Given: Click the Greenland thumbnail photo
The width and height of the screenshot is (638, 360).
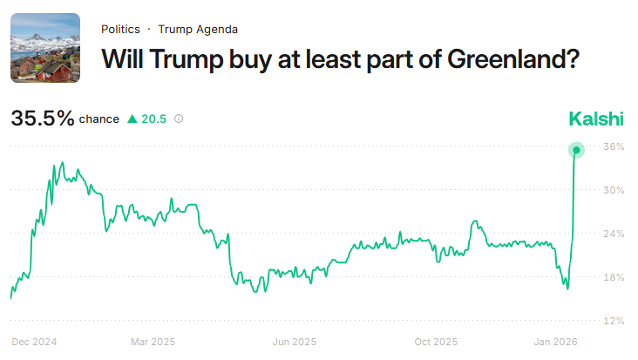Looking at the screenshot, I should click(x=45, y=48).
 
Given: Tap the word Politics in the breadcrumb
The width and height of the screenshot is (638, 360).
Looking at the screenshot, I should click(x=120, y=29).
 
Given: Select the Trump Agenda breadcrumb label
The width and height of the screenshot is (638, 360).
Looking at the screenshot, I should click(x=198, y=29).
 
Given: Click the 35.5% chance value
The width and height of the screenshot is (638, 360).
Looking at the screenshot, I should click(x=43, y=119).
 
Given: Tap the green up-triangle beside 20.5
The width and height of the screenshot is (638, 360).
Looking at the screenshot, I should click(x=132, y=119).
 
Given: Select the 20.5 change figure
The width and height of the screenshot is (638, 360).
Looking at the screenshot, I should click(x=154, y=119).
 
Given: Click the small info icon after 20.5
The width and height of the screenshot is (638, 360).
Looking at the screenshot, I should click(x=179, y=119).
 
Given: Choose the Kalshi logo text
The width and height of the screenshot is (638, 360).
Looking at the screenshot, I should click(x=596, y=119).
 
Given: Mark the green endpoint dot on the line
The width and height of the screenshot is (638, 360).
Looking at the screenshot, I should click(x=576, y=150).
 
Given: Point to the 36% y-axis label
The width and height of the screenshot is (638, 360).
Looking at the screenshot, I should click(x=614, y=146).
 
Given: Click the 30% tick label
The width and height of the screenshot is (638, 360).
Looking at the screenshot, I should click(x=614, y=190).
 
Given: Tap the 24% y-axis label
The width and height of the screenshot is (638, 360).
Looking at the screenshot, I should click(x=614, y=234).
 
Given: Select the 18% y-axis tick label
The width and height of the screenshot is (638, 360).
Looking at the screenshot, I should click(x=614, y=277).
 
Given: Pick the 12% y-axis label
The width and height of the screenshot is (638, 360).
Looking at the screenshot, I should click(x=614, y=321).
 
